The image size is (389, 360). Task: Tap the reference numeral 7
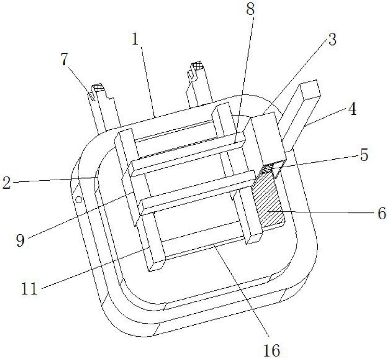click(64, 59)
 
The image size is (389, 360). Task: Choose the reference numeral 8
click(250, 9)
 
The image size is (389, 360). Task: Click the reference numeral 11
click(29, 289)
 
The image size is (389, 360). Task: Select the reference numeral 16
click(271, 350)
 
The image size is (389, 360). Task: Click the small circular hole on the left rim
click(79, 200)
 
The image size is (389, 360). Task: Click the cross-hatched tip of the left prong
click(97, 87)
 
